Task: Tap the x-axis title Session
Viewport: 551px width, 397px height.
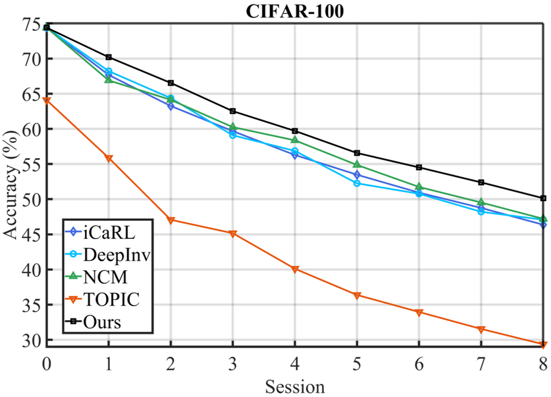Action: (x=295, y=387)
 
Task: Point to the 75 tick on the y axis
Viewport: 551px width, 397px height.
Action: (x=31, y=25)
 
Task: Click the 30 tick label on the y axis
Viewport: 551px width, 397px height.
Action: (x=31, y=340)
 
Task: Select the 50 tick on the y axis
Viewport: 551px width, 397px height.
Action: (x=31, y=200)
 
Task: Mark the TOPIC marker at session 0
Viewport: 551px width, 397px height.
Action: (x=47, y=101)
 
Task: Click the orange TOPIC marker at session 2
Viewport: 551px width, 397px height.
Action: (x=171, y=220)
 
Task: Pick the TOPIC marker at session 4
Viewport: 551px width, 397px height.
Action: (x=295, y=270)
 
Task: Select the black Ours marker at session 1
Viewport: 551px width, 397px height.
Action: (x=109, y=57)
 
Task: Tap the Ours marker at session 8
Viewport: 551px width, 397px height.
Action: (x=543, y=198)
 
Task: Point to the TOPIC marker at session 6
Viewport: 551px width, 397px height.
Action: (x=419, y=312)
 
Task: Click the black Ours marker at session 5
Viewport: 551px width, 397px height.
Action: (x=356, y=153)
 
